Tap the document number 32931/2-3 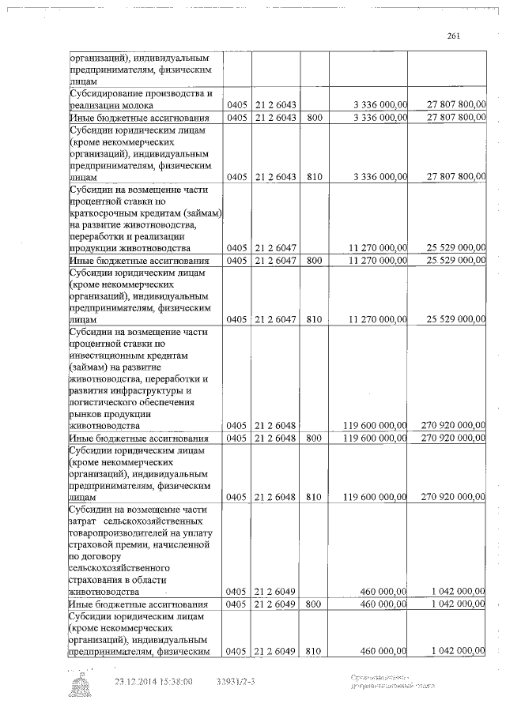pyautogui.click(x=236, y=680)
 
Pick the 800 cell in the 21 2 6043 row pyautogui.click(x=314, y=118)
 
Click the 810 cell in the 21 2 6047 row pyautogui.click(x=314, y=318)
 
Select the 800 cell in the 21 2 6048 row pyautogui.click(x=314, y=438)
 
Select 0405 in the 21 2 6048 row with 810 pyautogui.click(x=237, y=498)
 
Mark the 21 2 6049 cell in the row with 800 pyautogui.click(x=275, y=604)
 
